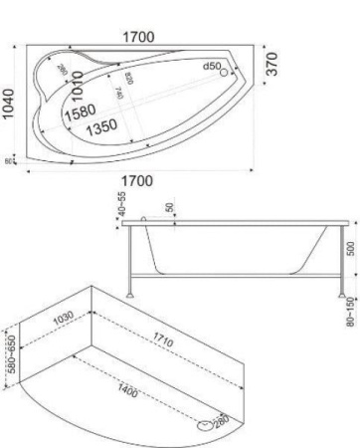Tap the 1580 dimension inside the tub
pyautogui.click(x=81, y=112)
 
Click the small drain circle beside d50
pyautogui.click(x=225, y=71)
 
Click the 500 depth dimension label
pyautogui.click(x=349, y=247)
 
